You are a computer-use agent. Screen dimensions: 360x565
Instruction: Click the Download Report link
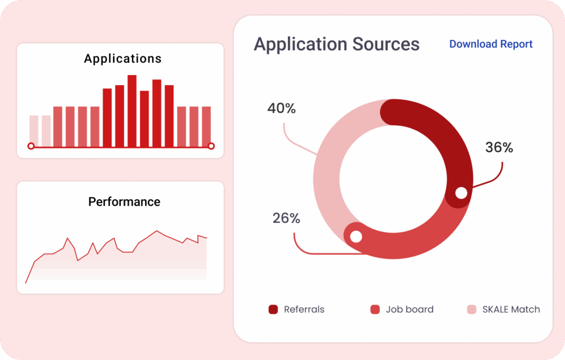click(491, 44)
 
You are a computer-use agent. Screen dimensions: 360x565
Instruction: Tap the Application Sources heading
click(337, 44)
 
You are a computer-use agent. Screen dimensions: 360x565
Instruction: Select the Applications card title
click(122, 59)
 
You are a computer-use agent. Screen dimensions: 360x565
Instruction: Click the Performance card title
click(124, 202)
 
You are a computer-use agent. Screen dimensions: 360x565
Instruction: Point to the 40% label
click(281, 108)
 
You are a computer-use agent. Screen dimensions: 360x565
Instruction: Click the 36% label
click(499, 147)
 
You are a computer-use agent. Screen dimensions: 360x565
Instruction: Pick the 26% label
click(286, 218)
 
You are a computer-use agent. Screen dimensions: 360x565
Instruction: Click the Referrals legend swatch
click(273, 309)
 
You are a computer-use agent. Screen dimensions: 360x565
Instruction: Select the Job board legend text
click(409, 309)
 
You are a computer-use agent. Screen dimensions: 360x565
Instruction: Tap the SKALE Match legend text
click(511, 309)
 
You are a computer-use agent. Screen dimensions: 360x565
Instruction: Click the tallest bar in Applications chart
click(132, 110)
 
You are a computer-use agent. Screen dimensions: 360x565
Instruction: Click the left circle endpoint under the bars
click(31, 146)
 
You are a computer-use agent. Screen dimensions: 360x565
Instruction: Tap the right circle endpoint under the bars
click(211, 146)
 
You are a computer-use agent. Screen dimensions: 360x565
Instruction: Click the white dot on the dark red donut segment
click(461, 193)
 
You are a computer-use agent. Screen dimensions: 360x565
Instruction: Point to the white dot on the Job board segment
click(356, 236)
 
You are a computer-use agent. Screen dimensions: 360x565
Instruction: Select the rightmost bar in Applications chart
click(206, 126)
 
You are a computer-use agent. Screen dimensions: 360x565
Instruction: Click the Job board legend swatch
click(375, 309)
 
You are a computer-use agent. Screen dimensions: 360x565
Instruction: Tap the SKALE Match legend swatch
click(472, 309)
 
